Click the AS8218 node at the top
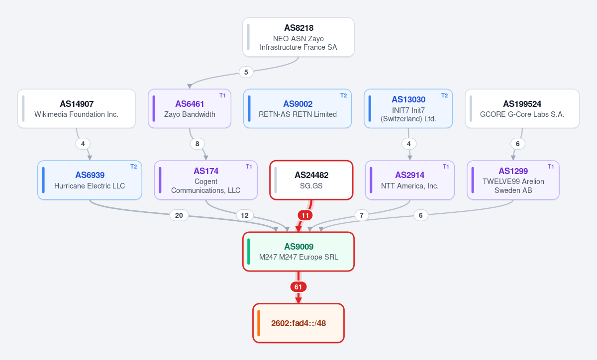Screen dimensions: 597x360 coord(298,37)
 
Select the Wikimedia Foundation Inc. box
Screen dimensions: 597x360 coord(77,108)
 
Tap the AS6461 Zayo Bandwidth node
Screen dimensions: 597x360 coord(190,108)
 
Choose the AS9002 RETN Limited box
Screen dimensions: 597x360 coord(298,108)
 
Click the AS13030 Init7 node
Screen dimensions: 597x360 coord(408,108)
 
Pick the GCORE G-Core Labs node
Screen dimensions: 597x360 coord(522,108)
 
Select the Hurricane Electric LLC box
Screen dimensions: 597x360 coord(90,180)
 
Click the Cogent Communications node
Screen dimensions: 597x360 coord(206,180)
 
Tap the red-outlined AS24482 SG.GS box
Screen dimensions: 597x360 coord(311,180)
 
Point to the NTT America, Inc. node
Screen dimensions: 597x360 coord(410,180)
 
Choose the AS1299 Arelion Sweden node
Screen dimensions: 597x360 coord(513,180)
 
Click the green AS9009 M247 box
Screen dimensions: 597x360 coord(298,252)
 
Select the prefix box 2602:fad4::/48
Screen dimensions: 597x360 coord(298,323)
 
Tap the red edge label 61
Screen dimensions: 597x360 coord(298,287)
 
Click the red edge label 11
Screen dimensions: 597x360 coord(305,215)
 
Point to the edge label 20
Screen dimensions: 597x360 coord(179,215)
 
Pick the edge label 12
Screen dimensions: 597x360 coord(245,215)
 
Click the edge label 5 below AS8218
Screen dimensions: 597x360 coord(246,72)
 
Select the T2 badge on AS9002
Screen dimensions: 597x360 coord(344,95)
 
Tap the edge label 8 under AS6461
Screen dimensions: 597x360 coord(197,144)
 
